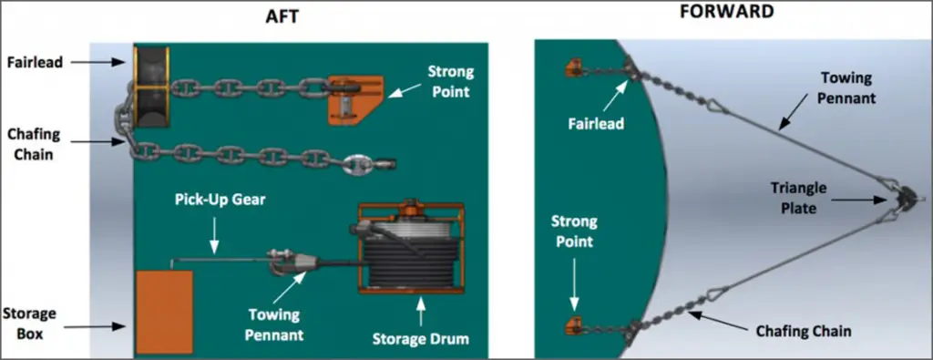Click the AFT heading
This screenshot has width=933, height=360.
click(282, 17)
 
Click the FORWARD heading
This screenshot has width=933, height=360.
click(727, 11)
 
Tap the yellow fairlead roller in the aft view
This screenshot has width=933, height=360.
click(151, 87)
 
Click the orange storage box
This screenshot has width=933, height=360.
click(165, 311)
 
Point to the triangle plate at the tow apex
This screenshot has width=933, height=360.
click(907, 198)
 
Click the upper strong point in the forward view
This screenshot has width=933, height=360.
click(574, 67)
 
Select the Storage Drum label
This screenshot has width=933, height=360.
click(421, 339)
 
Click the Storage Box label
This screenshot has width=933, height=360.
click(29, 324)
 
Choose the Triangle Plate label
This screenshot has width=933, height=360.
click(798, 198)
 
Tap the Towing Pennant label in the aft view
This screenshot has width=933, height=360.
click(276, 324)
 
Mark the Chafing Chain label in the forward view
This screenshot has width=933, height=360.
click(804, 331)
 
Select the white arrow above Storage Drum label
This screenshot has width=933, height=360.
click(421, 310)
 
